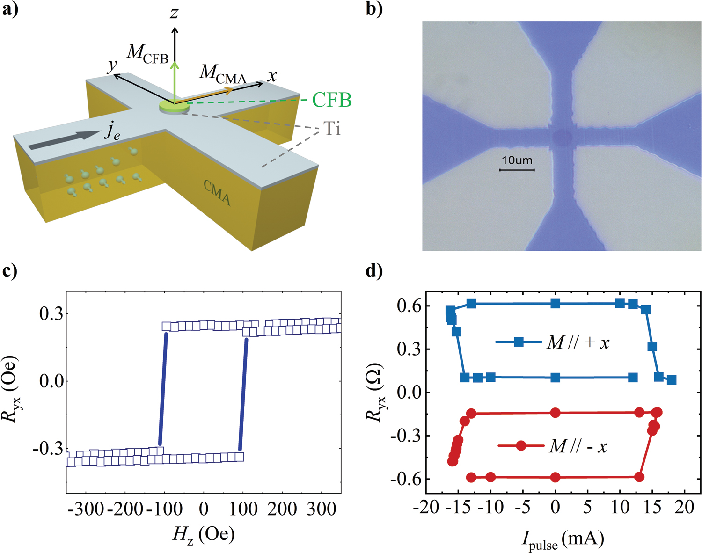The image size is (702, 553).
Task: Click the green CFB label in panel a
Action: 332,100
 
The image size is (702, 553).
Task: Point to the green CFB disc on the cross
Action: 175,107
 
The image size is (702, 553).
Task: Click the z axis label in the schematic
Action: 175,13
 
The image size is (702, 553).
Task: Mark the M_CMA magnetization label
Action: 223,74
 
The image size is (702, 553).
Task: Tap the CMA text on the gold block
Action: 217,192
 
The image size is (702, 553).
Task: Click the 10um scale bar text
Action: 517,160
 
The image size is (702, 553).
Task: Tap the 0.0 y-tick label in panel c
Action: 50,381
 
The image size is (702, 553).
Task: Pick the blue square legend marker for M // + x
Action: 519,342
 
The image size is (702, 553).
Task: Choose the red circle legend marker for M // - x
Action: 521,445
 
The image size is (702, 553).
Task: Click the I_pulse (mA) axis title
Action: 563,540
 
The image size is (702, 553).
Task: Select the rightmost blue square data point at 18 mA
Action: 672,380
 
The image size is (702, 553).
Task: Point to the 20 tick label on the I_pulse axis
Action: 685,507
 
